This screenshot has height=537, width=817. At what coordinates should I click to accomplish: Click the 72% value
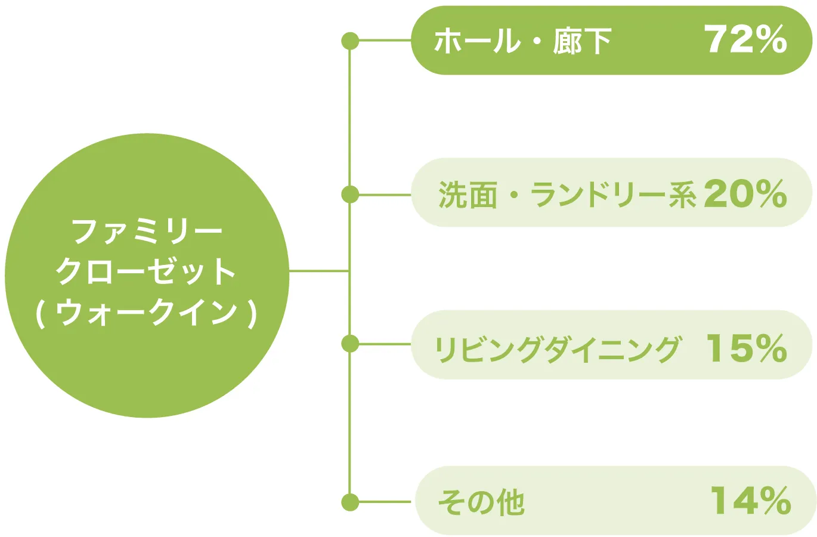[x=745, y=40]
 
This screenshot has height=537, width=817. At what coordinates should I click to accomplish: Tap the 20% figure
[x=745, y=194]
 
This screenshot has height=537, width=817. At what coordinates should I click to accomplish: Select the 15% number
[x=746, y=348]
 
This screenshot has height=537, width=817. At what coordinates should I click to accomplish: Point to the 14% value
[x=750, y=501]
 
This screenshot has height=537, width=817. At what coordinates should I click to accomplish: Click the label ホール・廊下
[x=522, y=42]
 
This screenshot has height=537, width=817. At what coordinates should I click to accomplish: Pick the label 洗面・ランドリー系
[x=567, y=195]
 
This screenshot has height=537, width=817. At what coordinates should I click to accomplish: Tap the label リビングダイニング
[x=557, y=348]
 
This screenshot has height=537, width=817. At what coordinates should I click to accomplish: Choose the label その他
[x=481, y=502]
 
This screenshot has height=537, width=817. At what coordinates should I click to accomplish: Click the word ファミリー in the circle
[x=147, y=231]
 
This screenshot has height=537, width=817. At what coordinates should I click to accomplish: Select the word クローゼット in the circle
[x=147, y=271]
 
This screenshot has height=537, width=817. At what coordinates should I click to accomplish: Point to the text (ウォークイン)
[x=147, y=313]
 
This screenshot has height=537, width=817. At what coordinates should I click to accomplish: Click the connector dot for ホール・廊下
[x=350, y=41]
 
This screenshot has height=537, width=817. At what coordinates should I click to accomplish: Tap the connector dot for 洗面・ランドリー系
[x=350, y=195]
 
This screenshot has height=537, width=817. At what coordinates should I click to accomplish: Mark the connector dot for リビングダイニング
[x=350, y=344]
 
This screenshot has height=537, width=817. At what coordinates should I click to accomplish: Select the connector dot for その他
[x=350, y=502]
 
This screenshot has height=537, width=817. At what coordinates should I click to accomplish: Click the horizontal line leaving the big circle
[x=319, y=271]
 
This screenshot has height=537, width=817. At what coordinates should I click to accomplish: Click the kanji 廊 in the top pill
[x=567, y=42]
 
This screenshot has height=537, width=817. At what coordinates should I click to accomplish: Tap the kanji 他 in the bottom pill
[x=510, y=502]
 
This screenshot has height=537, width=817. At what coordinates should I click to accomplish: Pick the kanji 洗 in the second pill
[x=452, y=195]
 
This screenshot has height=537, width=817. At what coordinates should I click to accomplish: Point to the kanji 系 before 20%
[x=682, y=195]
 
